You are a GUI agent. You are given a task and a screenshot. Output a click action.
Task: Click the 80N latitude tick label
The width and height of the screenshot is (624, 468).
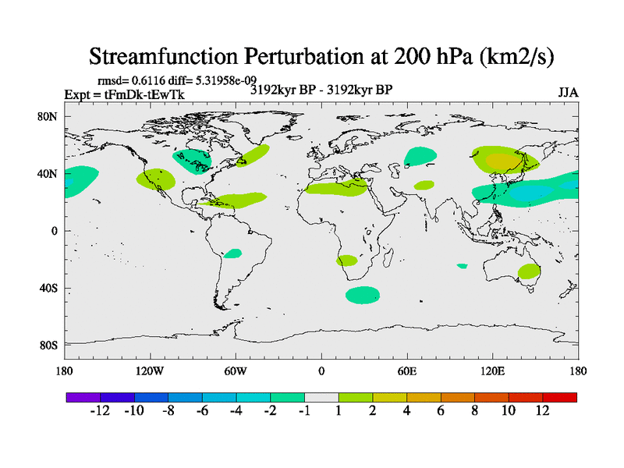[x=48, y=116]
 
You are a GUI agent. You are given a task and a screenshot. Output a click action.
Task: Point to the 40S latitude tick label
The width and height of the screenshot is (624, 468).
[x=48, y=288]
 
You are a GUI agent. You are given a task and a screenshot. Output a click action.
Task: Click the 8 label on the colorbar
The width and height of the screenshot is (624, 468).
[x=474, y=411]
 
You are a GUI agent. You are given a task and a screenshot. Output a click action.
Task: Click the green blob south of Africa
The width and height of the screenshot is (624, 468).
[x=363, y=295]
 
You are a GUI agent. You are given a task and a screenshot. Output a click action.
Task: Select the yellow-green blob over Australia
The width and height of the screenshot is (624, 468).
[x=529, y=271]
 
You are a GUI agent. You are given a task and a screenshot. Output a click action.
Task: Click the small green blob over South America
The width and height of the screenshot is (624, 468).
[x=232, y=253]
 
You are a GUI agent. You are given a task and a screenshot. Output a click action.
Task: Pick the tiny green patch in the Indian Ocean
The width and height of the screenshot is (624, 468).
[x=463, y=266]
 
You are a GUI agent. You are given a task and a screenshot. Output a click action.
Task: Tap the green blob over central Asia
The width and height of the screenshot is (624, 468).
[x=421, y=156]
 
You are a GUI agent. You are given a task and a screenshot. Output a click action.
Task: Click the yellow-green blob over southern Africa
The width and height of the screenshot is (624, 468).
[x=346, y=261]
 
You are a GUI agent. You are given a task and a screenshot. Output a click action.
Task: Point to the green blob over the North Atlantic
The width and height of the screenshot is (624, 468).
[x=253, y=154]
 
